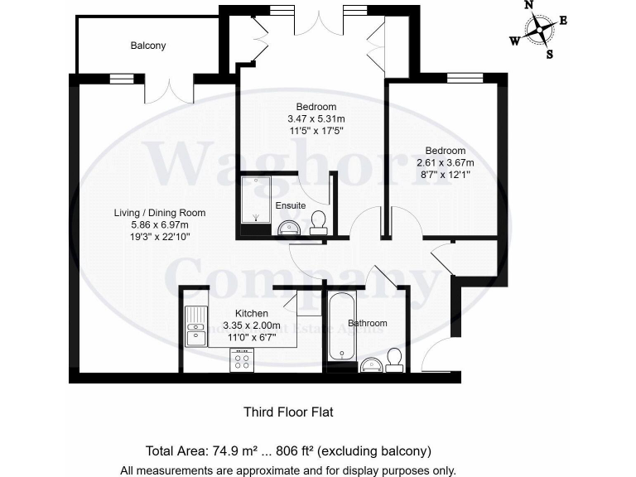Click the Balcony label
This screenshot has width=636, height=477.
(147, 46)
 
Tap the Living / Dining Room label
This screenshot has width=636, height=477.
(160, 213)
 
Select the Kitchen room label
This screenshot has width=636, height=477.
(251, 313)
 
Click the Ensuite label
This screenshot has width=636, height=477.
(290, 205)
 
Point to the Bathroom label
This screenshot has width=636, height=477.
(367, 323)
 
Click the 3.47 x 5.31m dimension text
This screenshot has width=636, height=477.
(316, 118)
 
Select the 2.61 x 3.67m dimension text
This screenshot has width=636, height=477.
(445, 162)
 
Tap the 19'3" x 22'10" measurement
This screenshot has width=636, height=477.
(160, 237)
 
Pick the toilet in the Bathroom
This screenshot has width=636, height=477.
(394, 359)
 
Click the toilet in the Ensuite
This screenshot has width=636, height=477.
(316, 221)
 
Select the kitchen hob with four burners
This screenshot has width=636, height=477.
(243, 360)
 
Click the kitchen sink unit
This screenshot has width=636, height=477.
(196, 327)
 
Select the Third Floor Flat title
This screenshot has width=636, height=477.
(287, 411)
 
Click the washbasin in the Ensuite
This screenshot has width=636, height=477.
(289, 226)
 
